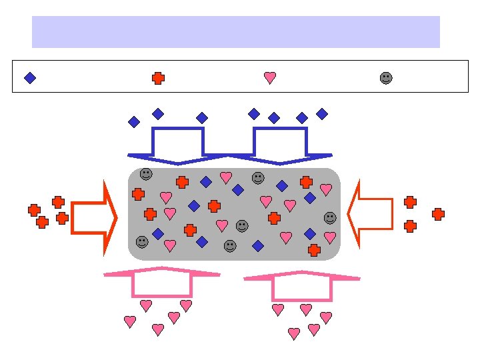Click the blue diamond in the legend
30,78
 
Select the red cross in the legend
158,78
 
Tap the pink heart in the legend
270,78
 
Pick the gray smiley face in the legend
386,78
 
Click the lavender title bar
236,32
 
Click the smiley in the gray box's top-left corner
146,174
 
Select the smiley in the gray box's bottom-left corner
142,242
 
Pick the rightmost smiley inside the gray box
330,218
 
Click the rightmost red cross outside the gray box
438,214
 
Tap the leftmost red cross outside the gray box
34,210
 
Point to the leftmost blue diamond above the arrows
134,122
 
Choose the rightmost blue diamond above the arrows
322,114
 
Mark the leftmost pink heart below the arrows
130,321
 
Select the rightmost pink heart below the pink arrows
326,317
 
